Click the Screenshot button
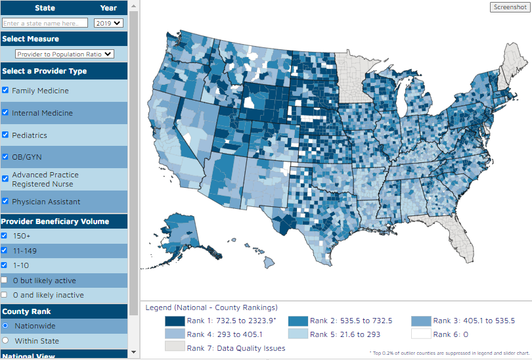pos(509,7)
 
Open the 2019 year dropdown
pos(108,22)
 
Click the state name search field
pos(45,23)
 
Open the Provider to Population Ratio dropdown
pos(64,55)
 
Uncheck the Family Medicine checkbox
pos(5,91)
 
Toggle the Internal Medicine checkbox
pos(5,113)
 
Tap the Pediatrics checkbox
pos(5,135)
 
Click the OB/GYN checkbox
pos(5,157)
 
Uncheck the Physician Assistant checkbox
pos(5,202)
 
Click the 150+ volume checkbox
pos(5,235)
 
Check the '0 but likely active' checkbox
pos(5,281)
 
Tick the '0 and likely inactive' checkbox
pos(5,295)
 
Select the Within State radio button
pos(5,341)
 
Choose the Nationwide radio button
pos(5,325)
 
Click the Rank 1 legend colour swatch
pos(174,321)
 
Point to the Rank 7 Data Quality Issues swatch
pos(174,347)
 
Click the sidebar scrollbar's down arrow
pos(134,353)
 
